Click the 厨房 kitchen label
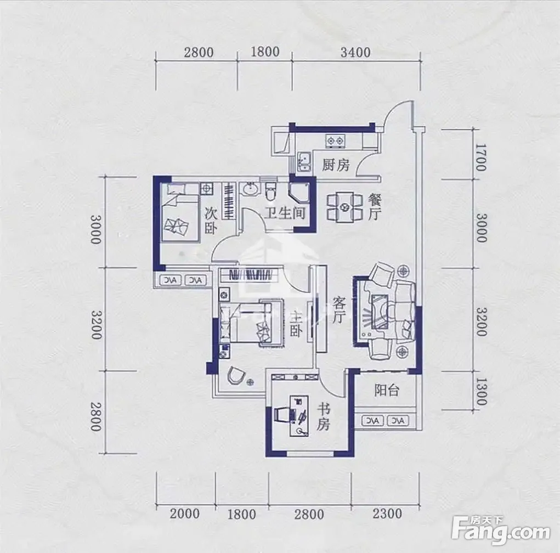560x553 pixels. (x=336, y=165)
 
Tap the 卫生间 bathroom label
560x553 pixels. (x=285, y=213)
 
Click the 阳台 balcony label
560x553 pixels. (x=387, y=390)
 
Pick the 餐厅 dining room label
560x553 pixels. (x=375, y=206)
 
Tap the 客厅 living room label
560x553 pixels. (x=340, y=311)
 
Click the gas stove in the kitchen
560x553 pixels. (x=335, y=141)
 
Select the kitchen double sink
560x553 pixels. (x=304, y=162)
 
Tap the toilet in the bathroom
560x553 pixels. (x=271, y=191)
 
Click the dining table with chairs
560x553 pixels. (x=345, y=207)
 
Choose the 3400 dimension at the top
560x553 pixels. (x=355, y=52)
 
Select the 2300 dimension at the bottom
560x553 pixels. (x=387, y=514)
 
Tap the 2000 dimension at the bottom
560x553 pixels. (x=185, y=514)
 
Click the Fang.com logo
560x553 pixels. (x=501, y=532)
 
